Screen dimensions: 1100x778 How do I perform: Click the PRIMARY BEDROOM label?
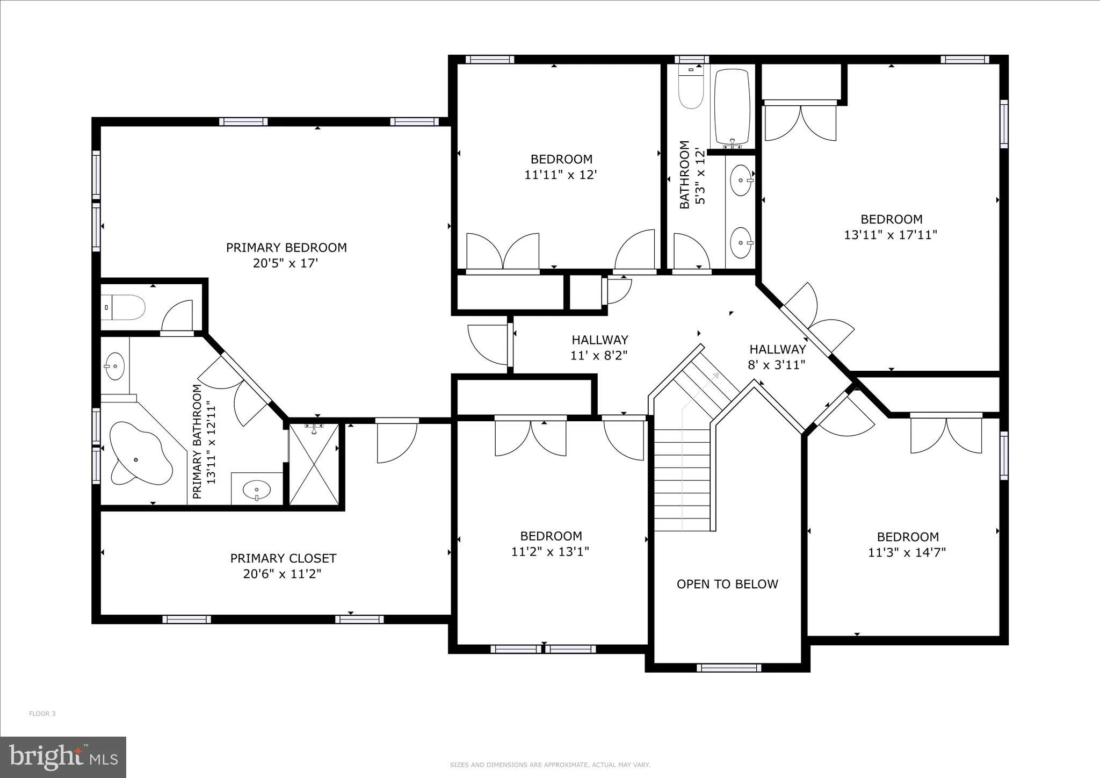(x=286, y=248)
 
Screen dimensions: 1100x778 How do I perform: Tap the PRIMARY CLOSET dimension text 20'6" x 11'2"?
(x=283, y=574)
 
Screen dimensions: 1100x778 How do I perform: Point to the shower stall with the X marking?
(x=314, y=464)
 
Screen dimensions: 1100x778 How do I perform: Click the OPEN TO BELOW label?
(x=727, y=584)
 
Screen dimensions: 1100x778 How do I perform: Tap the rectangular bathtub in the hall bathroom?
(x=732, y=106)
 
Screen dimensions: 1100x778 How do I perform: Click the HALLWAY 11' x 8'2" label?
(x=599, y=347)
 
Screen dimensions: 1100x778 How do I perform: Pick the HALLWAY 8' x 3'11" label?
(x=777, y=357)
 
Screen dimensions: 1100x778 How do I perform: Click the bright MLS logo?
(x=63, y=757)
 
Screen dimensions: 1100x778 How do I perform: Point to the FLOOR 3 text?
(x=42, y=714)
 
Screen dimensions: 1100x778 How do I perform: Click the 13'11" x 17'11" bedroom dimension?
(x=891, y=235)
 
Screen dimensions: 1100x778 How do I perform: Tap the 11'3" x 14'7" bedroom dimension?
(x=907, y=552)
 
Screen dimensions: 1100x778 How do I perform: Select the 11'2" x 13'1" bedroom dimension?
(x=551, y=551)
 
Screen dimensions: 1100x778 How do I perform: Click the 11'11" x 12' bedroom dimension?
(x=561, y=175)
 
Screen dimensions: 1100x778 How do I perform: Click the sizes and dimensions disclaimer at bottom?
(x=550, y=765)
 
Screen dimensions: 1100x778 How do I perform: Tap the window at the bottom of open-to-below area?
(x=729, y=668)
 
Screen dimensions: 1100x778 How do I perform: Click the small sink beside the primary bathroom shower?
(x=257, y=489)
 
